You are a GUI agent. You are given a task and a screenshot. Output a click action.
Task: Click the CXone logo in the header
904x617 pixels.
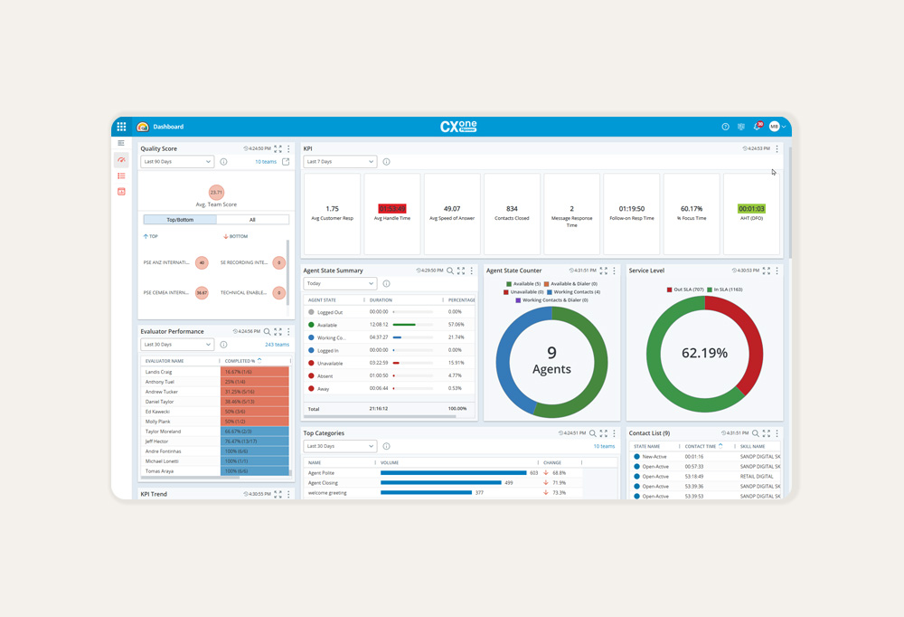tap(458, 127)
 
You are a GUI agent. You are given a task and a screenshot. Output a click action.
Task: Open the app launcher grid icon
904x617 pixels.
tap(122, 127)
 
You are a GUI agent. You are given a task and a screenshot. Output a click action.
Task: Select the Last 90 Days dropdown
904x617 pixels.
tap(177, 162)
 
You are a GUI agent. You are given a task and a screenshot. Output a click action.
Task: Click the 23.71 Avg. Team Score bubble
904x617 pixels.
tap(216, 192)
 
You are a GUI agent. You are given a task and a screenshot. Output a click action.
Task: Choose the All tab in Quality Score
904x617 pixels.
tap(252, 220)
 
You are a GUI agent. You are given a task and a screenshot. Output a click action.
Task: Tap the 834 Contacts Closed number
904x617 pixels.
tap(512, 209)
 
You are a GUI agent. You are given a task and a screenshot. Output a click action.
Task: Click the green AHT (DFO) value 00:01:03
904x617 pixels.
tap(751, 209)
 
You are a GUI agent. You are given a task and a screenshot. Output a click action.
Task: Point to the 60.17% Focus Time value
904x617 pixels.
tap(692, 209)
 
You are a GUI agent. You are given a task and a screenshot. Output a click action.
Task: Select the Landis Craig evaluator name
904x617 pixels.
tap(159, 372)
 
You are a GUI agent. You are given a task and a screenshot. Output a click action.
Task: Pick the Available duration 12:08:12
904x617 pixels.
tap(379, 324)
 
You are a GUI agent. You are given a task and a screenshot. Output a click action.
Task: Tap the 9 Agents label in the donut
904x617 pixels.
tap(551, 360)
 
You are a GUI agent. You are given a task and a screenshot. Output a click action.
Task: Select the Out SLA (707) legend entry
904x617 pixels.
tap(686, 290)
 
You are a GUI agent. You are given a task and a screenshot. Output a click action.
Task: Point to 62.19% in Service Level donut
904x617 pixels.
tap(704, 353)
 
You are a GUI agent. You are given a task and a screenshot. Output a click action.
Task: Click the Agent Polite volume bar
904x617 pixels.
tap(454, 472)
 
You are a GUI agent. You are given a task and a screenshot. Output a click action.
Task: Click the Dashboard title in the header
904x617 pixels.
tap(168, 127)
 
